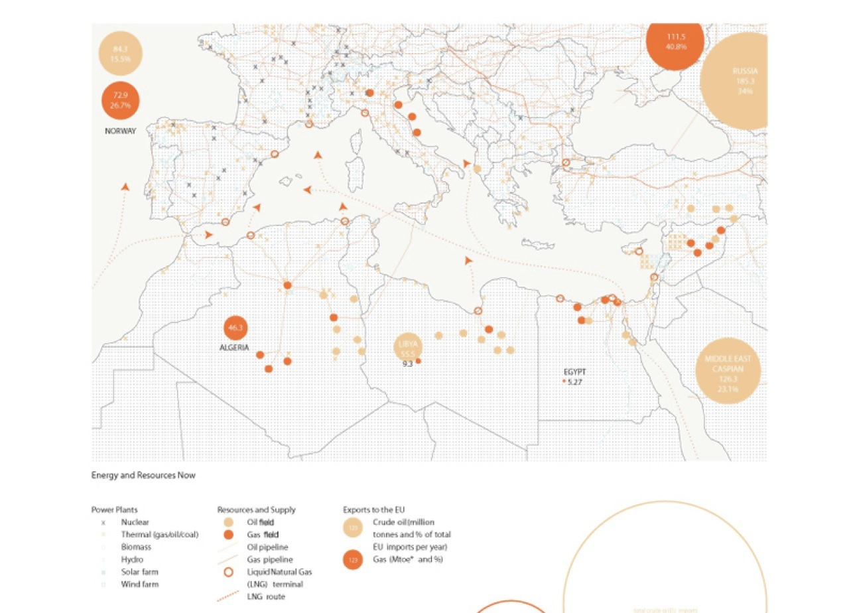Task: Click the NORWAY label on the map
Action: (x=120, y=131)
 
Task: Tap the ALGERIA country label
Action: (x=234, y=348)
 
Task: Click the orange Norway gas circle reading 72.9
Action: (x=121, y=100)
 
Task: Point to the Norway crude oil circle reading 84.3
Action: (x=121, y=54)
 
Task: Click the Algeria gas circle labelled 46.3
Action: (x=236, y=328)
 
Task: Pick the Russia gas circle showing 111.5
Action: (x=675, y=42)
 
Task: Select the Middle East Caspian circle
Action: (x=728, y=374)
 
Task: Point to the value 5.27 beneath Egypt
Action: (x=574, y=382)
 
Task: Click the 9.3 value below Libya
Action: (x=408, y=364)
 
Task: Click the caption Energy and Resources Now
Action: (x=143, y=475)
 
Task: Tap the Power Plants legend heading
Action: (x=114, y=510)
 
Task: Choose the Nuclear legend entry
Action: (x=135, y=522)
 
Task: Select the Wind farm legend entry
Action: (x=139, y=584)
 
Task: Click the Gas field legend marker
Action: (x=227, y=535)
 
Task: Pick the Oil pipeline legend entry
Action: (x=265, y=547)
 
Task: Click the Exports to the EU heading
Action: (x=373, y=510)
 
